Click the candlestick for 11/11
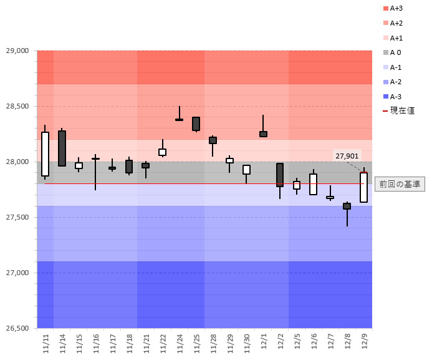coord(45,154)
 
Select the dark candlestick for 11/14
coord(62,148)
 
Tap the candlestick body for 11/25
coord(196,124)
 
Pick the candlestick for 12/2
coord(280,175)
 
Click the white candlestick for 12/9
coord(363,187)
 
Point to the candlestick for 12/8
coord(347,206)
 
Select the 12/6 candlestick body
coord(313,184)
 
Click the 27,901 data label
coord(347,155)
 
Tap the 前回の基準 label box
coord(399,184)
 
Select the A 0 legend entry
coord(395,52)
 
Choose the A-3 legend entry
coord(396,96)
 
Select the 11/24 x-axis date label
coord(180,343)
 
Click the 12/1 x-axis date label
coord(263,343)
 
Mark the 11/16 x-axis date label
coord(95,343)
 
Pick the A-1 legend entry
coord(396,67)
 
